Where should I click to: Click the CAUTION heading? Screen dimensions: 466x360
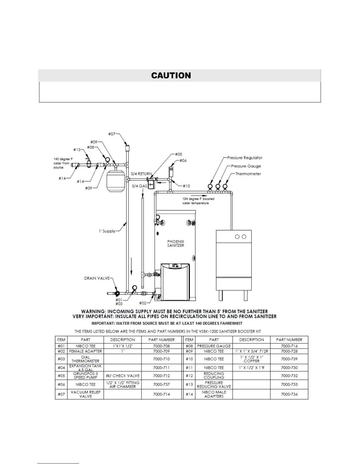pyautogui.click(x=171, y=76)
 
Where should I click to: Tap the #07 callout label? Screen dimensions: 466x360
pyautogui.click(x=111, y=134)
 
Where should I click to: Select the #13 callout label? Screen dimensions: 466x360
pyautogui.click(x=77, y=150)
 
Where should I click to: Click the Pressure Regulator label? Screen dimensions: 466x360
pyautogui.click(x=245, y=158)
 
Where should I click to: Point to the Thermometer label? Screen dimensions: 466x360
pyautogui.click(x=248, y=174)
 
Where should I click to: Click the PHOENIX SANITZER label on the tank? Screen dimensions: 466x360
pyautogui.click(x=176, y=243)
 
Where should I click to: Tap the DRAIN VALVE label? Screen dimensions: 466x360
pyautogui.click(x=97, y=278)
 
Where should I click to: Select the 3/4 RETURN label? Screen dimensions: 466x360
pyautogui.click(x=141, y=174)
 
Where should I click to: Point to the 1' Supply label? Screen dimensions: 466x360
pyautogui.click(x=107, y=231)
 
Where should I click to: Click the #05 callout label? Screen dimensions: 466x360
pyautogui.click(x=179, y=154)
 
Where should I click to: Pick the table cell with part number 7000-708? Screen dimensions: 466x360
pyautogui.click(x=161, y=346)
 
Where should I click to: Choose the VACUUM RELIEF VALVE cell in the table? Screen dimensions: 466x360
pyautogui.click(x=85, y=394)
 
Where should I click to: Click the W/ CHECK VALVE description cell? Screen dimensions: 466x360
pyautogui.click(x=123, y=376)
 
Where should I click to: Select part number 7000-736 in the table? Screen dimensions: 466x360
pyautogui.click(x=289, y=394)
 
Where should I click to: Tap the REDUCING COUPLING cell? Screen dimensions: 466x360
pyautogui.click(x=214, y=376)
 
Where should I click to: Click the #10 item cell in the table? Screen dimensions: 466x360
pyautogui.click(x=189, y=359)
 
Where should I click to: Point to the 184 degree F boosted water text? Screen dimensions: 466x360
pyautogui.click(x=198, y=201)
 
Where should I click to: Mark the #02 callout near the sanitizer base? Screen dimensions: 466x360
pyautogui.click(x=143, y=303)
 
